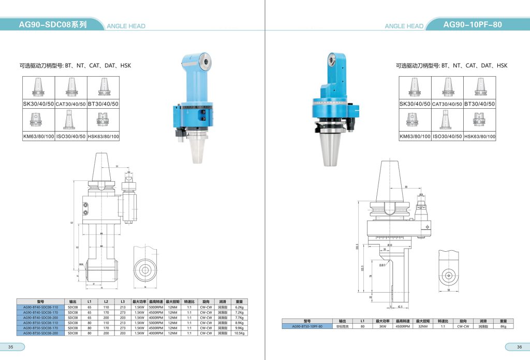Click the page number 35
coord(10,347)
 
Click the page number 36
coord(519,347)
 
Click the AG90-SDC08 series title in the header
coord(52,24)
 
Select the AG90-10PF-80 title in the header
coord(472,24)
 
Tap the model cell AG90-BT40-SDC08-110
coord(40,307)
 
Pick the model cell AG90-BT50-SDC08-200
coord(40,333)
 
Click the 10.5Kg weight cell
coord(239,333)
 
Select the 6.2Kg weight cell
coord(239,307)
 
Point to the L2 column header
coord(106,301)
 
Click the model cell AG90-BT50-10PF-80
coord(307,326)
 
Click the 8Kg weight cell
coord(503,326)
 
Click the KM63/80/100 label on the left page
coord(38,137)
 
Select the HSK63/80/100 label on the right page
coord(479,137)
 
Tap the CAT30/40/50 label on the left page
coord(70,104)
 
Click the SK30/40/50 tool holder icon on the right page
coord(415,87)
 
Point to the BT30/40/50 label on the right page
coord(479,104)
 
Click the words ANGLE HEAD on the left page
coord(126,26)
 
